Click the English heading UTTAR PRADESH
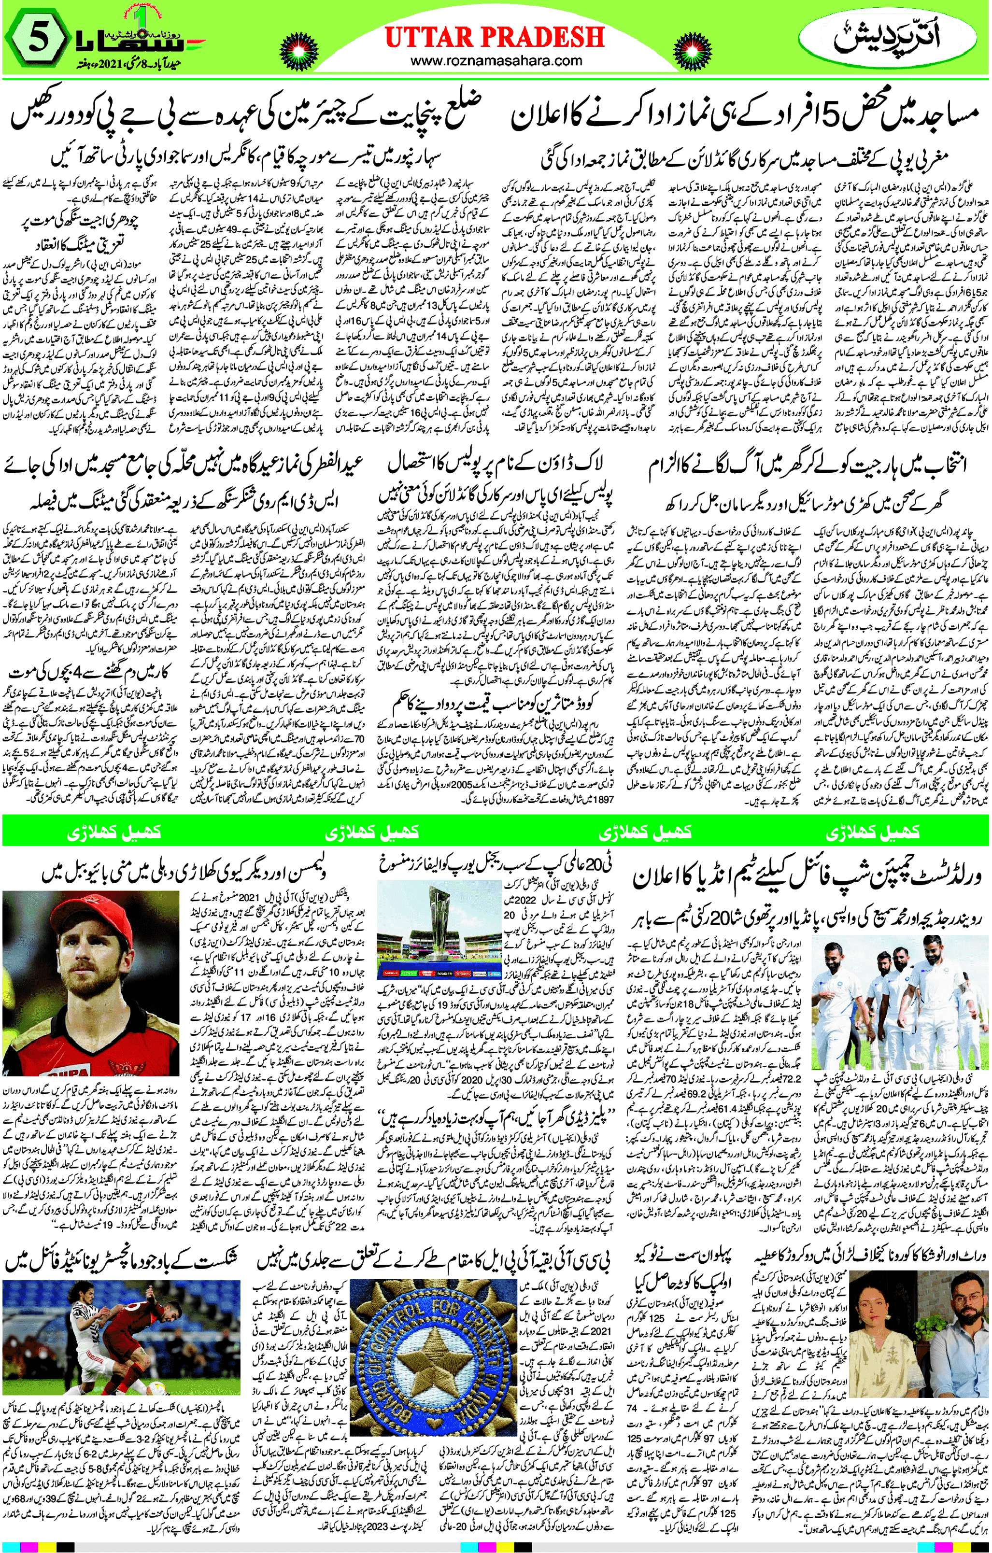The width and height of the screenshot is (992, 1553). click(x=494, y=37)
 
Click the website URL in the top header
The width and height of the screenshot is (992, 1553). click(x=495, y=61)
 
